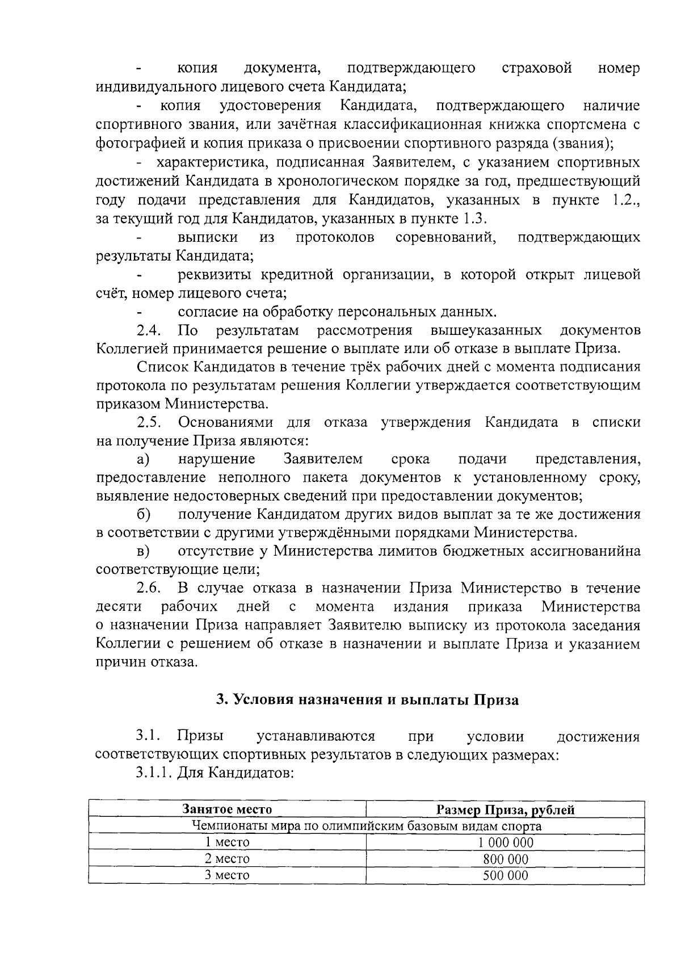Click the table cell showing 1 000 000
505,842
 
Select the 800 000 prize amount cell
505,859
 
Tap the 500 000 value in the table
505,875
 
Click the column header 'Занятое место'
227,809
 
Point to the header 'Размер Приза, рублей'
505,809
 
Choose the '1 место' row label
227,842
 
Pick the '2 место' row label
227,859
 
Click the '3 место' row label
227,875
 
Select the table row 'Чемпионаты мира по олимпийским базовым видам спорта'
366,825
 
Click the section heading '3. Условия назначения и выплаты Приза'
367,700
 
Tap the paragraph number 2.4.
149,330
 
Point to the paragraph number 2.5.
149,422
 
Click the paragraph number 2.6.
149,588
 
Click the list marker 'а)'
142,459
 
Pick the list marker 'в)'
142,551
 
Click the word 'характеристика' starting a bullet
207,163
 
